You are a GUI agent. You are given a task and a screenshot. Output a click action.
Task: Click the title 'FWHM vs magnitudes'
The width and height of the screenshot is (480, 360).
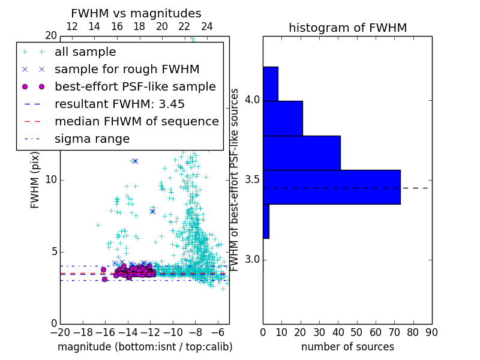[x=136, y=13]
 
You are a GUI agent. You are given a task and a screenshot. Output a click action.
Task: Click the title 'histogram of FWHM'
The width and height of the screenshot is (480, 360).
[x=347, y=28]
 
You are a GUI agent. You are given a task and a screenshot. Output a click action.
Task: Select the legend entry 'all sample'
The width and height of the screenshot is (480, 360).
[x=85, y=52]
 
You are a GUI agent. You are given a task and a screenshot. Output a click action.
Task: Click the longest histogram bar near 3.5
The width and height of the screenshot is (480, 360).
[x=331, y=187]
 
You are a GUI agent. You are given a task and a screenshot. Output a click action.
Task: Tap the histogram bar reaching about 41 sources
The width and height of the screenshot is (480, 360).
[x=301, y=152]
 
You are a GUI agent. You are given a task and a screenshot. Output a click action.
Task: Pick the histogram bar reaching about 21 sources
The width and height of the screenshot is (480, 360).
[x=283, y=118]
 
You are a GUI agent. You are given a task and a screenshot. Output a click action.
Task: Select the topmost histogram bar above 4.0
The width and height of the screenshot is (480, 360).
[x=270, y=83]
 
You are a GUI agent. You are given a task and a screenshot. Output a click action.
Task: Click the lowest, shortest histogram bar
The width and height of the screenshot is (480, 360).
[x=266, y=221]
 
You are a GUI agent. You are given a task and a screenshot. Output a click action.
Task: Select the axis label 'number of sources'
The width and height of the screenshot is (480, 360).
[x=347, y=347]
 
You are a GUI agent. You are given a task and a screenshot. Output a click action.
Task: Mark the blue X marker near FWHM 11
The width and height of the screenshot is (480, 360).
[x=135, y=161]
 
